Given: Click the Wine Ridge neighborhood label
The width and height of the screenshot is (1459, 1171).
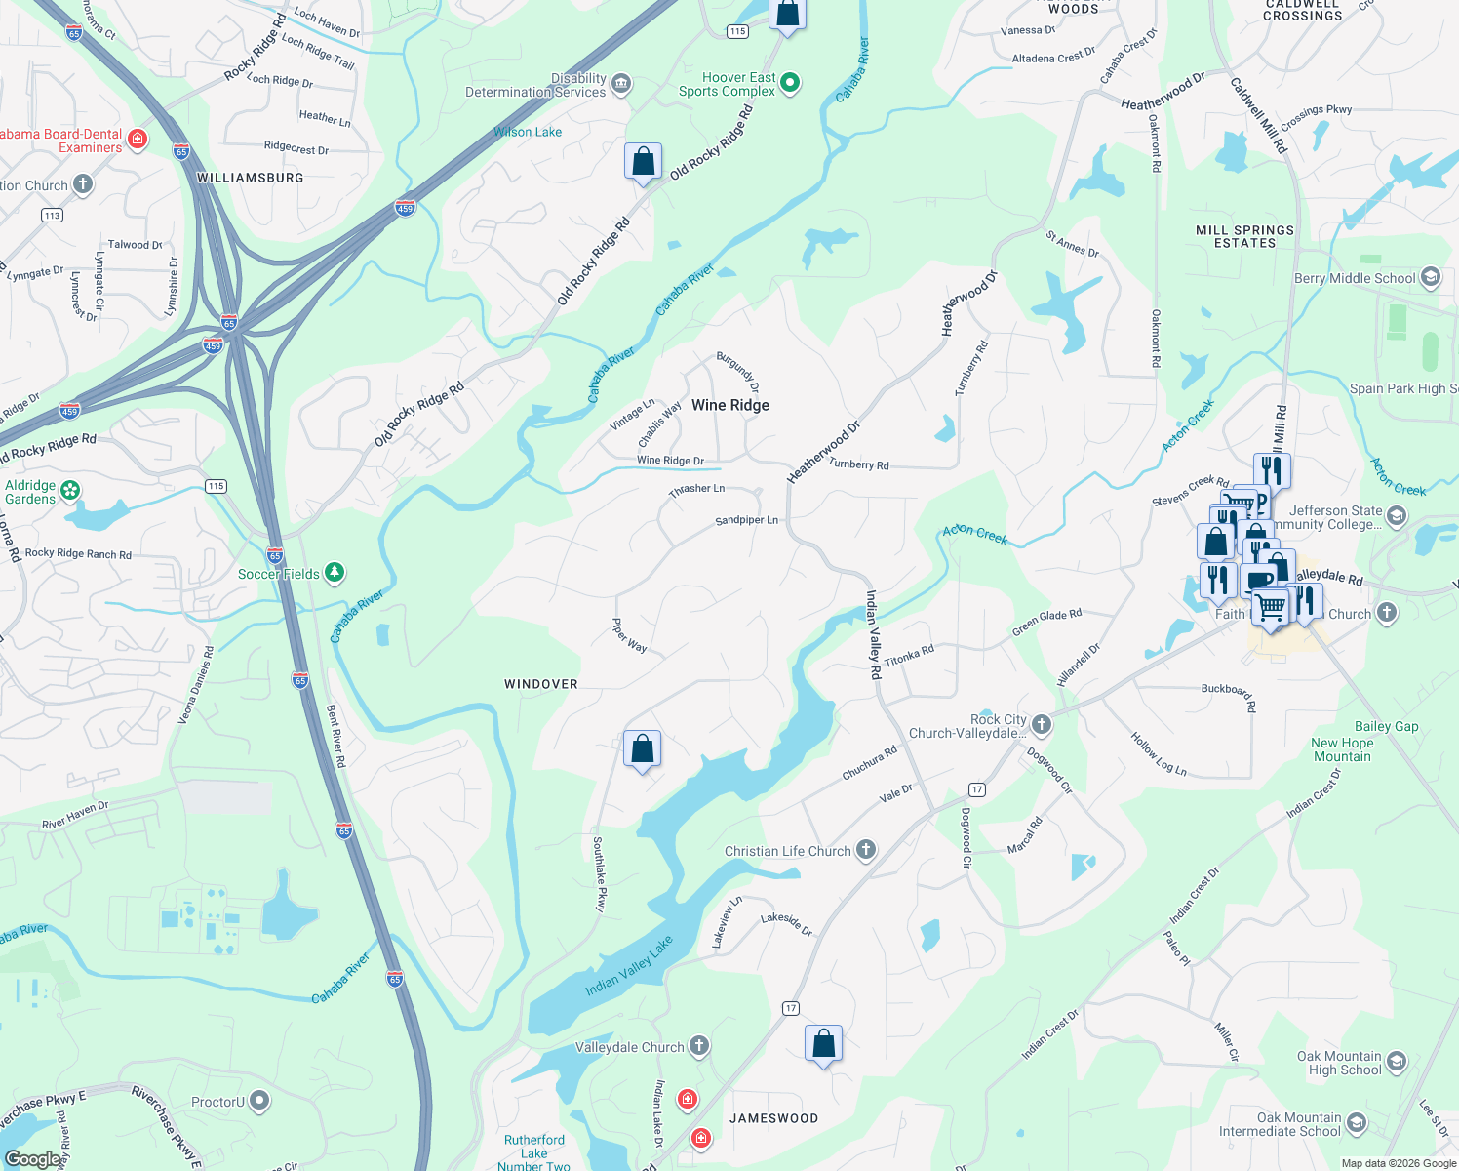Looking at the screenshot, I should [x=729, y=405].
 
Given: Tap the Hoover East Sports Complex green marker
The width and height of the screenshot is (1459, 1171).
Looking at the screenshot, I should [x=790, y=84].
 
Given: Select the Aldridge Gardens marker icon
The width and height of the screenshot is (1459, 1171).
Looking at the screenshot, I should [x=70, y=491].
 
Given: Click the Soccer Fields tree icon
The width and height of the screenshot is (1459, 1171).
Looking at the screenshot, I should [x=335, y=573].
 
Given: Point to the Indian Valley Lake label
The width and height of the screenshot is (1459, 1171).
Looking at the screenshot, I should [x=628, y=966].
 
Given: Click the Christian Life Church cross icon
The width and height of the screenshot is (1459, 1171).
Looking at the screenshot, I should [x=865, y=850].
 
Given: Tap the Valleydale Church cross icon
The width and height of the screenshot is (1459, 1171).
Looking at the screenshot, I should [x=698, y=1047].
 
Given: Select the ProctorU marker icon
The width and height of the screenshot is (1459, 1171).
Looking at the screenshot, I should [x=258, y=1102].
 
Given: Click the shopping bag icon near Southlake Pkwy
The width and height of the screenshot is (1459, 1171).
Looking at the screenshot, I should [x=642, y=749].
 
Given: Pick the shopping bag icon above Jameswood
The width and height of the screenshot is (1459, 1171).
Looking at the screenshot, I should [x=823, y=1043].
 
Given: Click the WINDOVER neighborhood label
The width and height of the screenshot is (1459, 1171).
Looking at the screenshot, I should [x=540, y=684].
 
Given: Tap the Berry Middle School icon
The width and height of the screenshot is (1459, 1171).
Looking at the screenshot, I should [x=1430, y=278].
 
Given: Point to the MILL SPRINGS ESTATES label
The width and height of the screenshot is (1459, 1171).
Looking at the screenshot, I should [x=1244, y=236].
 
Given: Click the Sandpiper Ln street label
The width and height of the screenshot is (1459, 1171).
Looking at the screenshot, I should [x=746, y=520].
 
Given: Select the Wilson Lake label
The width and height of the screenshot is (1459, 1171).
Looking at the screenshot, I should [x=528, y=132].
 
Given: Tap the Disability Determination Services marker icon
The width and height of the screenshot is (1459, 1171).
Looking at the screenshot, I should [x=621, y=85].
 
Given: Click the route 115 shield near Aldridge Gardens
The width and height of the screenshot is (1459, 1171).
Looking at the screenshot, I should [x=216, y=486].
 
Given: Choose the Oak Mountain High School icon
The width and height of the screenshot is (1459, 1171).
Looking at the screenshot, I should [x=1396, y=1062].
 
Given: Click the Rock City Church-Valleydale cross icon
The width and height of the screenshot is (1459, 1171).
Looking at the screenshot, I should [x=1042, y=725].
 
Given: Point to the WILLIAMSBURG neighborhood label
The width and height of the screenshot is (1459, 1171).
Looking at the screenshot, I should [x=250, y=178].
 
